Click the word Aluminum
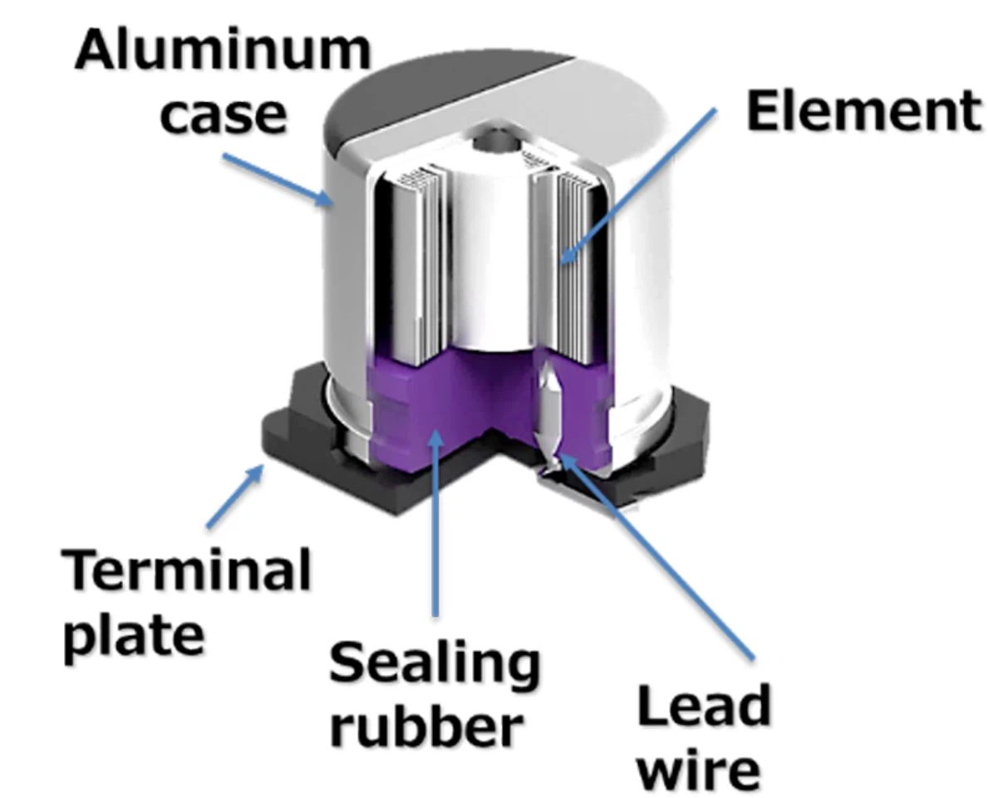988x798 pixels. pyautogui.click(x=223, y=50)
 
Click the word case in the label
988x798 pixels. pyautogui.click(x=224, y=115)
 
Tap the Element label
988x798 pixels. pyautogui.click(x=863, y=110)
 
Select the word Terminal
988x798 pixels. pyautogui.click(x=187, y=570)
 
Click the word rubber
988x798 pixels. pyautogui.click(x=426, y=725)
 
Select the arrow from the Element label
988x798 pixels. pyautogui.click(x=637, y=187)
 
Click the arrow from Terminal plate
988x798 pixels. pyautogui.click(x=235, y=495)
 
